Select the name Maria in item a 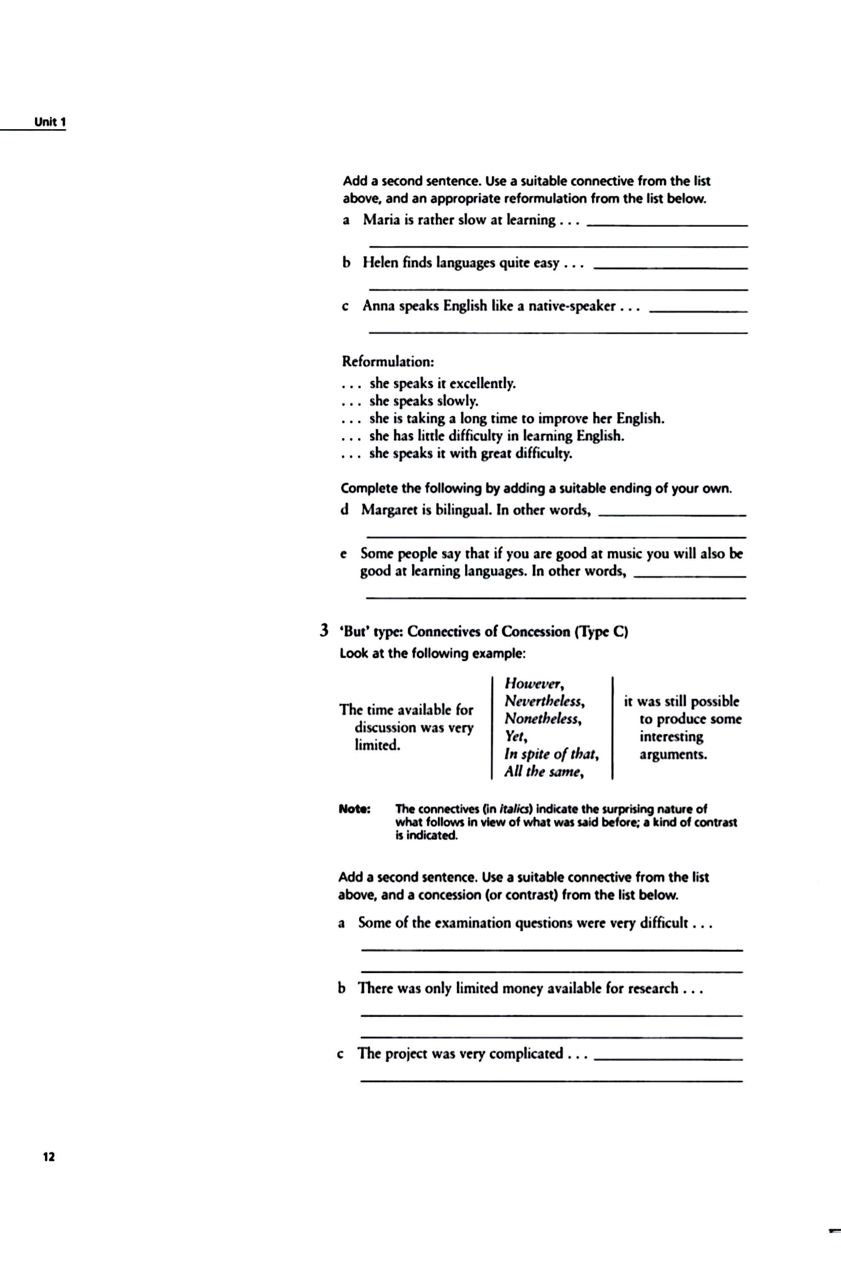pyautogui.click(x=380, y=220)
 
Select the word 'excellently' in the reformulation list pyautogui.click(x=482, y=384)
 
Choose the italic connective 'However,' pyautogui.click(x=534, y=684)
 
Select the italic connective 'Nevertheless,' pyautogui.click(x=544, y=701)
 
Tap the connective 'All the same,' pyautogui.click(x=544, y=772)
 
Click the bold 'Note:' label pyautogui.click(x=354, y=809)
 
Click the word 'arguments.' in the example pyautogui.click(x=673, y=755)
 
